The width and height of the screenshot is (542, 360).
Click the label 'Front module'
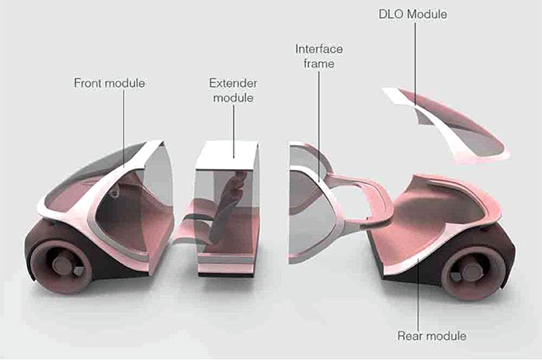(109, 82)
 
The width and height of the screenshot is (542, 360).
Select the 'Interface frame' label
(318, 56)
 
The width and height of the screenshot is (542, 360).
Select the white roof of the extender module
(227, 154)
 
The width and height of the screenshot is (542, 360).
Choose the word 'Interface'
(318, 49)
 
